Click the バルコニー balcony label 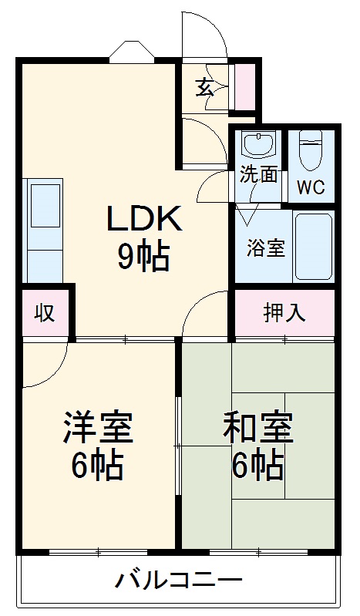tap(180, 581)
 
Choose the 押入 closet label tap(284, 313)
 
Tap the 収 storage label tap(45, 313)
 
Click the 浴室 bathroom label tap(265, 248)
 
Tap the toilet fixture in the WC tap(311, 151)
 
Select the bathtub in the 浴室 tap(313, 245)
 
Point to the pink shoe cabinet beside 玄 tap(244, 86)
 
